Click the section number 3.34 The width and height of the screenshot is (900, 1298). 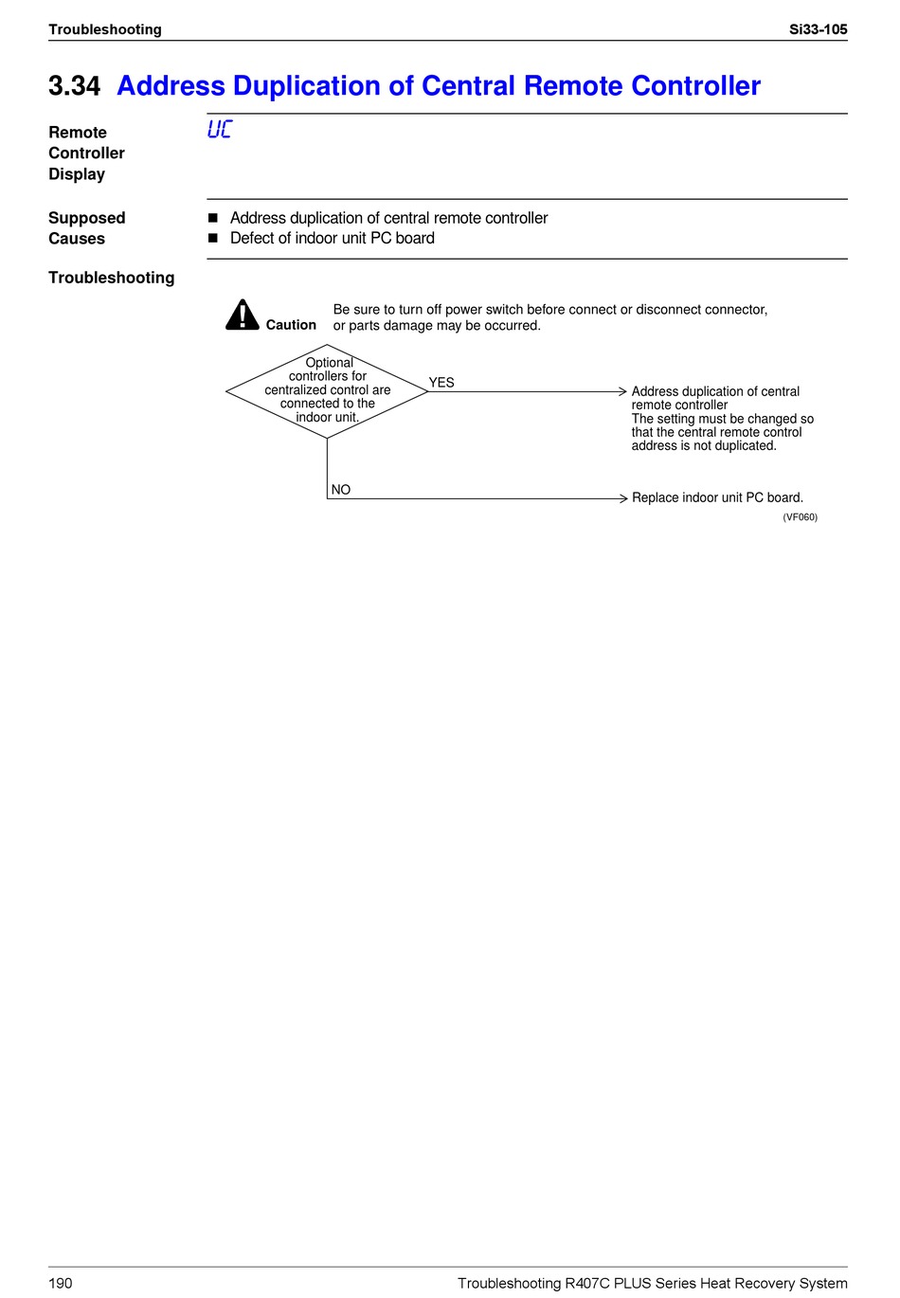coord(74,86)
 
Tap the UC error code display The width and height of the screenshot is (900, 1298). coord(219,130)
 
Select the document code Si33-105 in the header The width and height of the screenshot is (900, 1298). coord(818,29)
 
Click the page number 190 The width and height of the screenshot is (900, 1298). coord(60,1283)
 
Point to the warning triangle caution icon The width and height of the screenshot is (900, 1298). coord(243,315)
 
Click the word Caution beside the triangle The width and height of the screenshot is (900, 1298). coord(291,325)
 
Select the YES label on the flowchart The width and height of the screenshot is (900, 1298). coord(441,383)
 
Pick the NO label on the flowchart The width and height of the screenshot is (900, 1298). coord(341,490)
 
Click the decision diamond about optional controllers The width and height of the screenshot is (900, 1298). coord(327,390)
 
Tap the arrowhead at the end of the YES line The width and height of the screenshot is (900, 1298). coord(622,391)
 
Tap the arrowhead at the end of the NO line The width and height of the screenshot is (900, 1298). coord(622,498)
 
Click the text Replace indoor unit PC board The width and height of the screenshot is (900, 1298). coord(717,497)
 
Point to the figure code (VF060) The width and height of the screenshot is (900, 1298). coord(800,517)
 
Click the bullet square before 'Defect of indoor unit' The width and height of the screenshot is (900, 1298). coord(213,239)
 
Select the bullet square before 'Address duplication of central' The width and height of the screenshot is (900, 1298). coord(213,218)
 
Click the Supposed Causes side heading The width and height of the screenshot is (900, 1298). coord(86,228)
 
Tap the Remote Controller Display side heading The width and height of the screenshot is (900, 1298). coord(86,153)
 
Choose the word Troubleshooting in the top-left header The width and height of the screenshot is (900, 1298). coord(105,29)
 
